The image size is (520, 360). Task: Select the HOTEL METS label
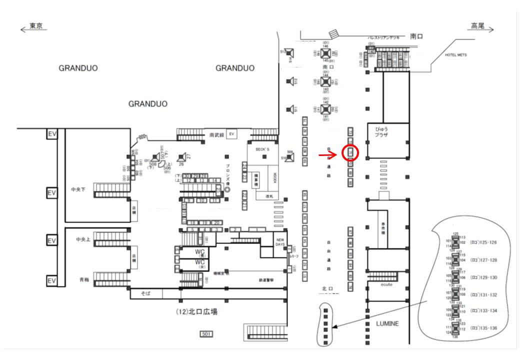click(455, 55)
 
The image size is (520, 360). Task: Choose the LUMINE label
click(387, 323)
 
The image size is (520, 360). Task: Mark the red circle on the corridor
click(350, 152)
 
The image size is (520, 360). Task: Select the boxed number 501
click(206, 333)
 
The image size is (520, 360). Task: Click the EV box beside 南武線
click(231, 134)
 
